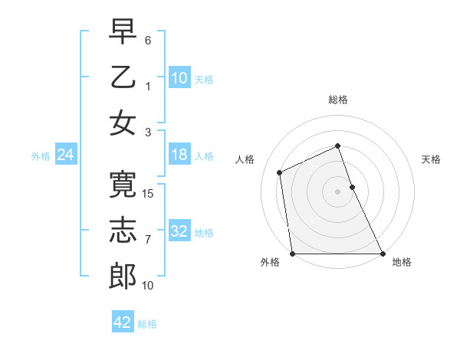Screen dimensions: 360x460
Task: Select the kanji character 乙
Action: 123,77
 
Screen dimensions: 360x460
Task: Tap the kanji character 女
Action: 123,123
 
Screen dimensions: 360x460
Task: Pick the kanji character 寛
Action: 123,185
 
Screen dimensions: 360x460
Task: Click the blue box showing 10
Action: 179,77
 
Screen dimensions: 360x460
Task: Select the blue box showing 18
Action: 179,155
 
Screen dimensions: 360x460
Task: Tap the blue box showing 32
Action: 179,231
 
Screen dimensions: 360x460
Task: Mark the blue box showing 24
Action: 66,155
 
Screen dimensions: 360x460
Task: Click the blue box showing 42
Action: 123,322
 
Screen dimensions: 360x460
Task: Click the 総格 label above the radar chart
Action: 338,100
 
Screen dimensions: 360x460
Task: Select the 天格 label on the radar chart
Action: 432,159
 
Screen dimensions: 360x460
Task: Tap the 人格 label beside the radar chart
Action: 245,159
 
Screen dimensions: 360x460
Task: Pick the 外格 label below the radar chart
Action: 270,263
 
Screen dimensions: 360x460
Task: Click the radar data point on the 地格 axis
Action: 383,254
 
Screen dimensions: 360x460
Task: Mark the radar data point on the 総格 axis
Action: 338,146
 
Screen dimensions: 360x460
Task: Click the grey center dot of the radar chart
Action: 338,191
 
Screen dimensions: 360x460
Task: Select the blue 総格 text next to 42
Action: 147,324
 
